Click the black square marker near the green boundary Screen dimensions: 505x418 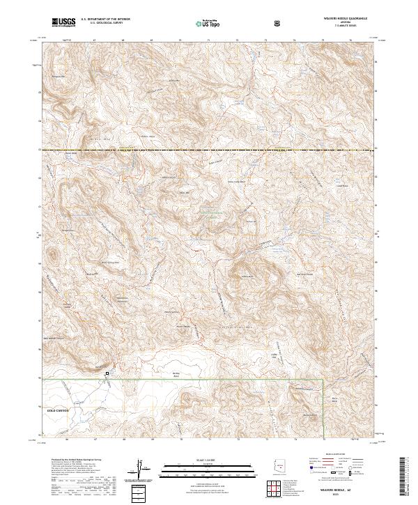107,374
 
